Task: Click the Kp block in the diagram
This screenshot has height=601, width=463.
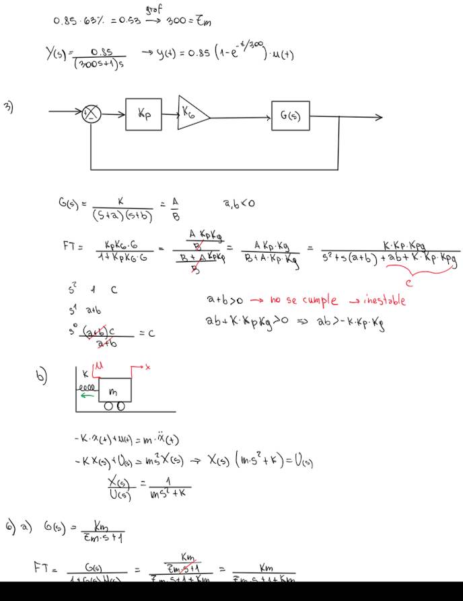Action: tap(143, 116)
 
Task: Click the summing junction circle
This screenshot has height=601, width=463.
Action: tap(91, 116)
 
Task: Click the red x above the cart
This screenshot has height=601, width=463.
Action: tap(147, 367)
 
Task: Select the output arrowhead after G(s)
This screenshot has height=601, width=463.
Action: tap(379, 117)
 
